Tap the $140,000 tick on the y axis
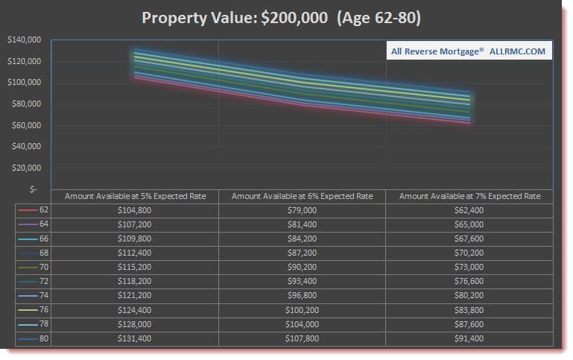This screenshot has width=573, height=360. (24, 40)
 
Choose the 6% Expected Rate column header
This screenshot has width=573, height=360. (302, 196)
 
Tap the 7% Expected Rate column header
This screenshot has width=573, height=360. (469, 196)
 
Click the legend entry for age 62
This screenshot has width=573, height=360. (34, 211)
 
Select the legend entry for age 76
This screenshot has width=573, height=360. (34, 309)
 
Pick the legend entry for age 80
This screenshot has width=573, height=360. (34, 338)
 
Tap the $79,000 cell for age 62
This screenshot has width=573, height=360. (302, 211)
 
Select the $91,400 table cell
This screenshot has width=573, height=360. (469, 338)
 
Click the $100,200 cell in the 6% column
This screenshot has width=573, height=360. (302, 309)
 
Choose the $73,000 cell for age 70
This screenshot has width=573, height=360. (469, 267)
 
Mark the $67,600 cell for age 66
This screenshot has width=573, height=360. (469, 239)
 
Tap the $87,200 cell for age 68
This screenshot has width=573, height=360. (302, 253)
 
